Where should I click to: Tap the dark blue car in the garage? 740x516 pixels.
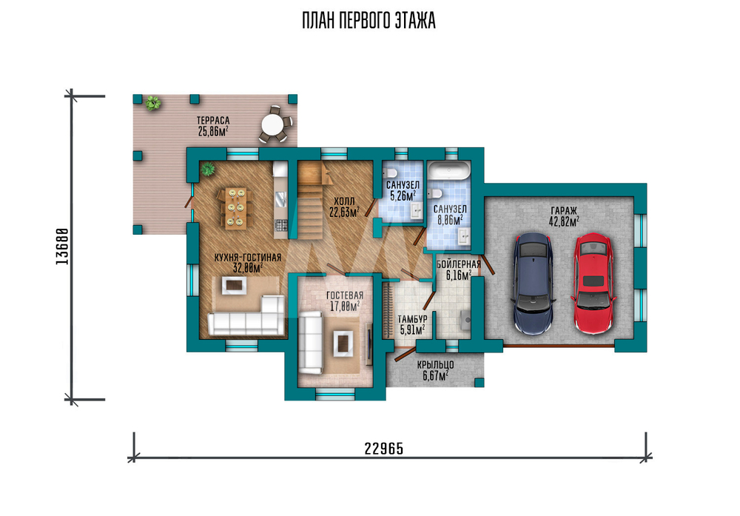(534, 284)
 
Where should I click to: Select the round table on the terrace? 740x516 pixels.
(273, 125)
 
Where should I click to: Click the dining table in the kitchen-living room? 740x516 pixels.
(235, 208)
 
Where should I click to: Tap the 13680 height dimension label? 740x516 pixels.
(62, 246)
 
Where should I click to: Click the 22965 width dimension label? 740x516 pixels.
(384, 449)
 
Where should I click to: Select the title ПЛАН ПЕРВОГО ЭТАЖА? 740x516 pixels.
(369, 21)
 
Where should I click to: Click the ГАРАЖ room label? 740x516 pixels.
(563, 210)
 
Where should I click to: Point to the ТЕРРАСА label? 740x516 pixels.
(213, 121)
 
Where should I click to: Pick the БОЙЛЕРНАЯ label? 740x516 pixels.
(459, 264)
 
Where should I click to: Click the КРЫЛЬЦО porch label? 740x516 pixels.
(435, 365)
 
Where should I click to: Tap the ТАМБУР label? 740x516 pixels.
(412, 320)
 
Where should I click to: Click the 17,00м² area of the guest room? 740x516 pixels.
(345, 306)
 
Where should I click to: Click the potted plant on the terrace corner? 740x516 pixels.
(152, 102)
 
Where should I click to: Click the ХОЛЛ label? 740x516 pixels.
(343, 202)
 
